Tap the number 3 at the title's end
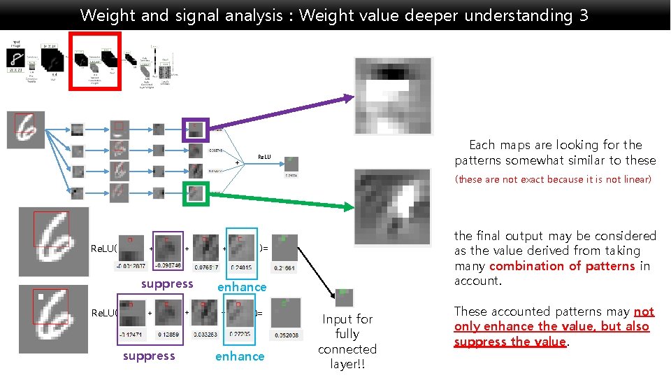[584, 15]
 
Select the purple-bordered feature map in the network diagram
[196, 129]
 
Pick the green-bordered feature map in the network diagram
[196, 192]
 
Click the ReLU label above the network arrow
[265, 157]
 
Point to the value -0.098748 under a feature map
[168, 265]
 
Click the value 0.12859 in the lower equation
[168, 335]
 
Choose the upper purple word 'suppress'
[167, 283]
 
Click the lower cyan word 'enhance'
[240, 356]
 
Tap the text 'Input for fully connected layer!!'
[347, 342]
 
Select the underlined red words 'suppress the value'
[510, 342]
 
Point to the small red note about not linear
[553, 179]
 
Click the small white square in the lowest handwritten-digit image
[42, 297]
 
